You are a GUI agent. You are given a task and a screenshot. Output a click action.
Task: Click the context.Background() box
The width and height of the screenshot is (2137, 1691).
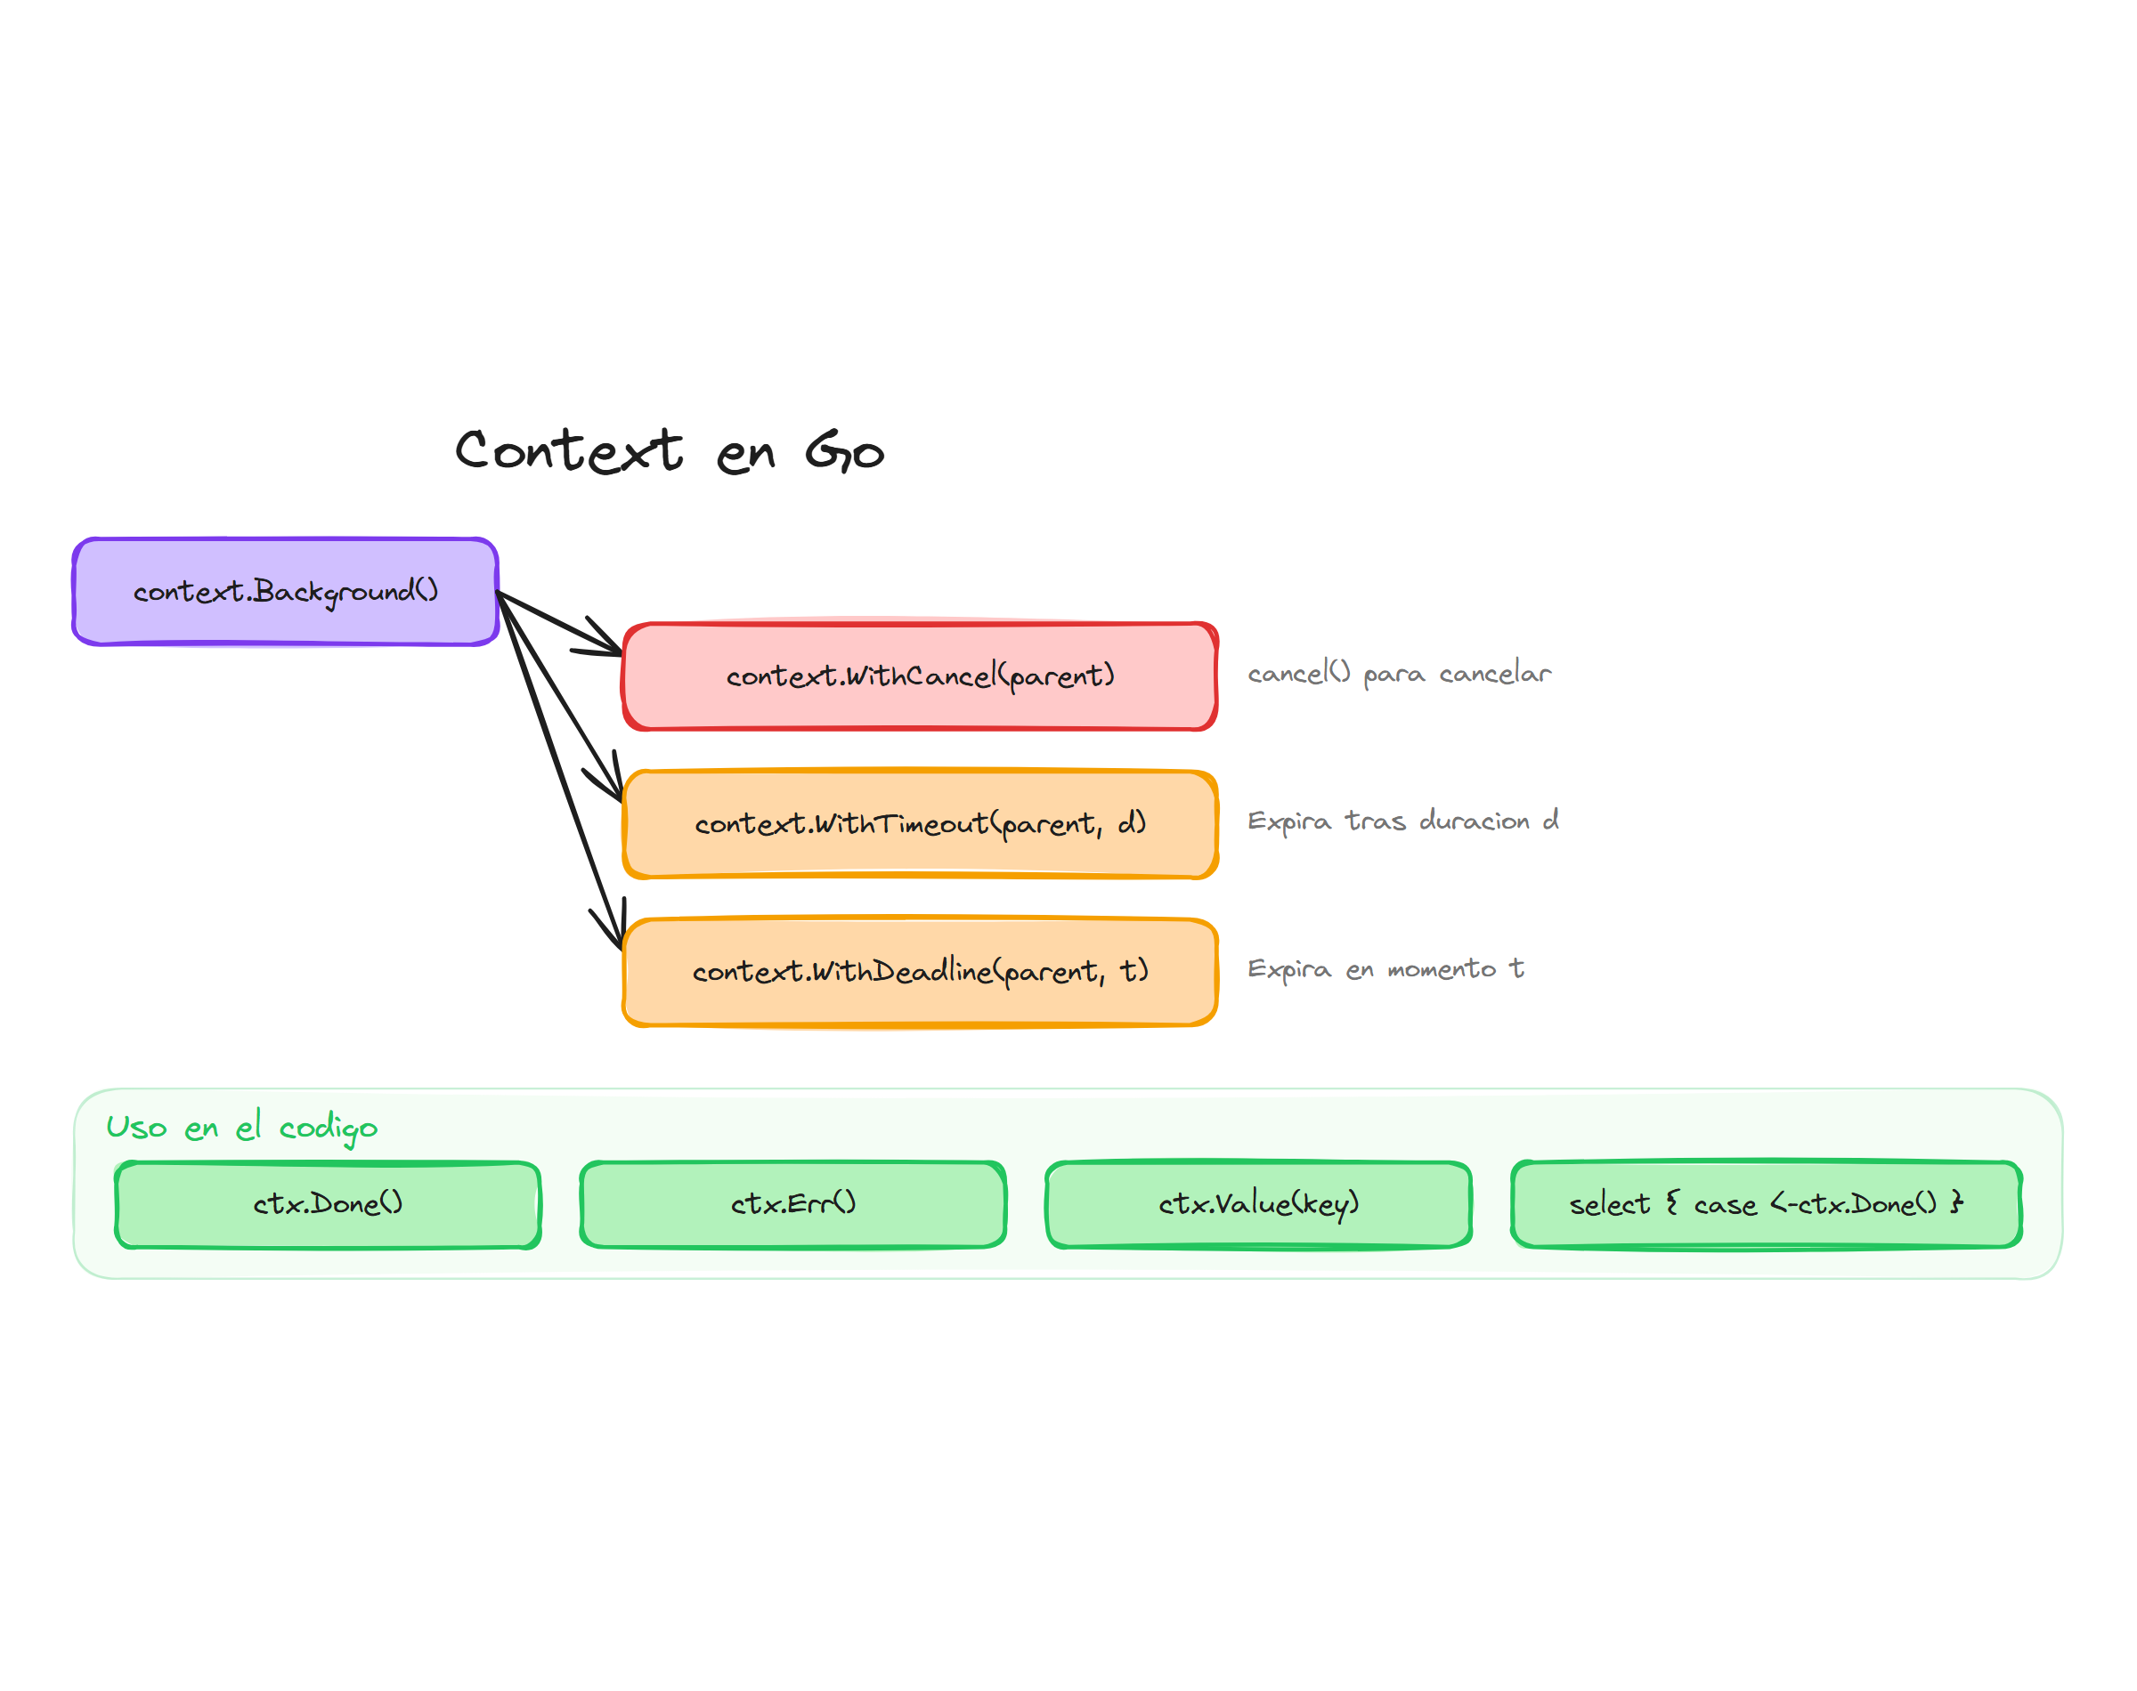(x=285, y=591)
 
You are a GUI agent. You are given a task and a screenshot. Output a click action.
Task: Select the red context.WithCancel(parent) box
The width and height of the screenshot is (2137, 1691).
(x=919, y=676)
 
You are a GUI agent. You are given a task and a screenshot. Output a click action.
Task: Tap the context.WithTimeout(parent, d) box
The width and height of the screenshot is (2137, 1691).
(x=919, y=824)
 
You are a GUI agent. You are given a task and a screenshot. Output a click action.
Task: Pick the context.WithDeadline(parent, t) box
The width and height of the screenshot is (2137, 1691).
(x=919, y=971)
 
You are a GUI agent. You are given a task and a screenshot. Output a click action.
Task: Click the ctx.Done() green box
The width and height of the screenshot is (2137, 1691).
(x=328, y=1204)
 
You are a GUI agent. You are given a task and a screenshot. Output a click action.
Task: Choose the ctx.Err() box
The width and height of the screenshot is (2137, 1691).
(x=792, y=1204)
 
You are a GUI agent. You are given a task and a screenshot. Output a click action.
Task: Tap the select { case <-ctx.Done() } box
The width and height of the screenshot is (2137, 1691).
(x=1766, y=1204)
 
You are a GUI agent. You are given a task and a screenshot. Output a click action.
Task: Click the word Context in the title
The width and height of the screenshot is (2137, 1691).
(x=568, y=451)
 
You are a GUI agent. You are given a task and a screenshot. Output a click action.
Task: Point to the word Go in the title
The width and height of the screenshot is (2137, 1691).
(x=844, y=451)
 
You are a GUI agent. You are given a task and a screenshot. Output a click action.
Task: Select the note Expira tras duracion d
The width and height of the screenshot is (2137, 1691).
(x=1402, y=821)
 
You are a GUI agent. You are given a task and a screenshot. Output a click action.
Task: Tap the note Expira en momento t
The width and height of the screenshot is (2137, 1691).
(x=1385, y=969)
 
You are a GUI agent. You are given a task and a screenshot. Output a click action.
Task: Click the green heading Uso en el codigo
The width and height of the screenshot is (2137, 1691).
(x=241, y=1128)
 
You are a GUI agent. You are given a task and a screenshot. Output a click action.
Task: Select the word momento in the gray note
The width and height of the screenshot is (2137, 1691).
(x=1441, y=969)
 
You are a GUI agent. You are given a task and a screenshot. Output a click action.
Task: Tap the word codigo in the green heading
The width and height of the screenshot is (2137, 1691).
(x=328, y=1129)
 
